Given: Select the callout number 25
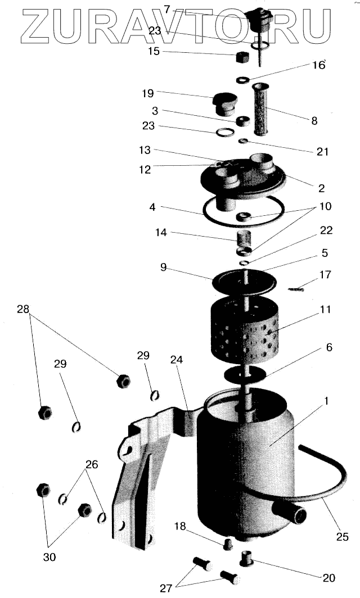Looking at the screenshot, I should [x=343, y=537].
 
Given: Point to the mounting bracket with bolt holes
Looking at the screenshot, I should [x=141, y=478].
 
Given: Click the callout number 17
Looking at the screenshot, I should [x=325, y=275].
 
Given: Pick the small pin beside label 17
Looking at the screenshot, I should [x=296, y=289].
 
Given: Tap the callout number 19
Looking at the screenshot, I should [x=147, y=92].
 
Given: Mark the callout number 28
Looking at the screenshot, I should [x=22, y=310].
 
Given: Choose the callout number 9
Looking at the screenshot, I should [x=163, y=268].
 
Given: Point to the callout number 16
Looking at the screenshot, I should [x=319, y=65].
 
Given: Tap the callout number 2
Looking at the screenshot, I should [x=322, y=188].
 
